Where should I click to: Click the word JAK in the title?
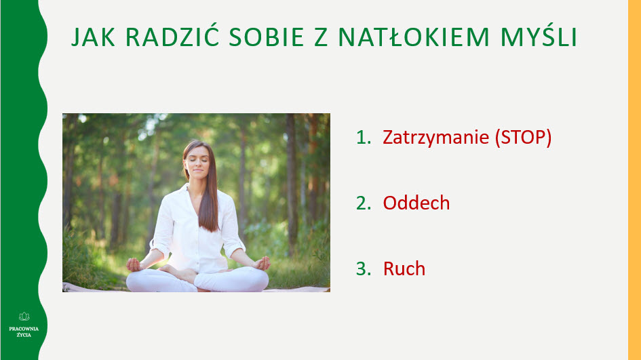point(93,38)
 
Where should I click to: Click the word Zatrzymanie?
point(436,138)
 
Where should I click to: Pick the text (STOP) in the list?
point(523,138)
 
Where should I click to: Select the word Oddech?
point(416,203)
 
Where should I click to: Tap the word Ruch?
point(404,268)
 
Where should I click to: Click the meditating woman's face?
point(194,165)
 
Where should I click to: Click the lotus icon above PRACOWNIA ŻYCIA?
point(24,316)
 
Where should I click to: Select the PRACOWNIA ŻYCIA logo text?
point(24,332)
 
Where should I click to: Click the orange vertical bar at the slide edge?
point(634,180)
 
